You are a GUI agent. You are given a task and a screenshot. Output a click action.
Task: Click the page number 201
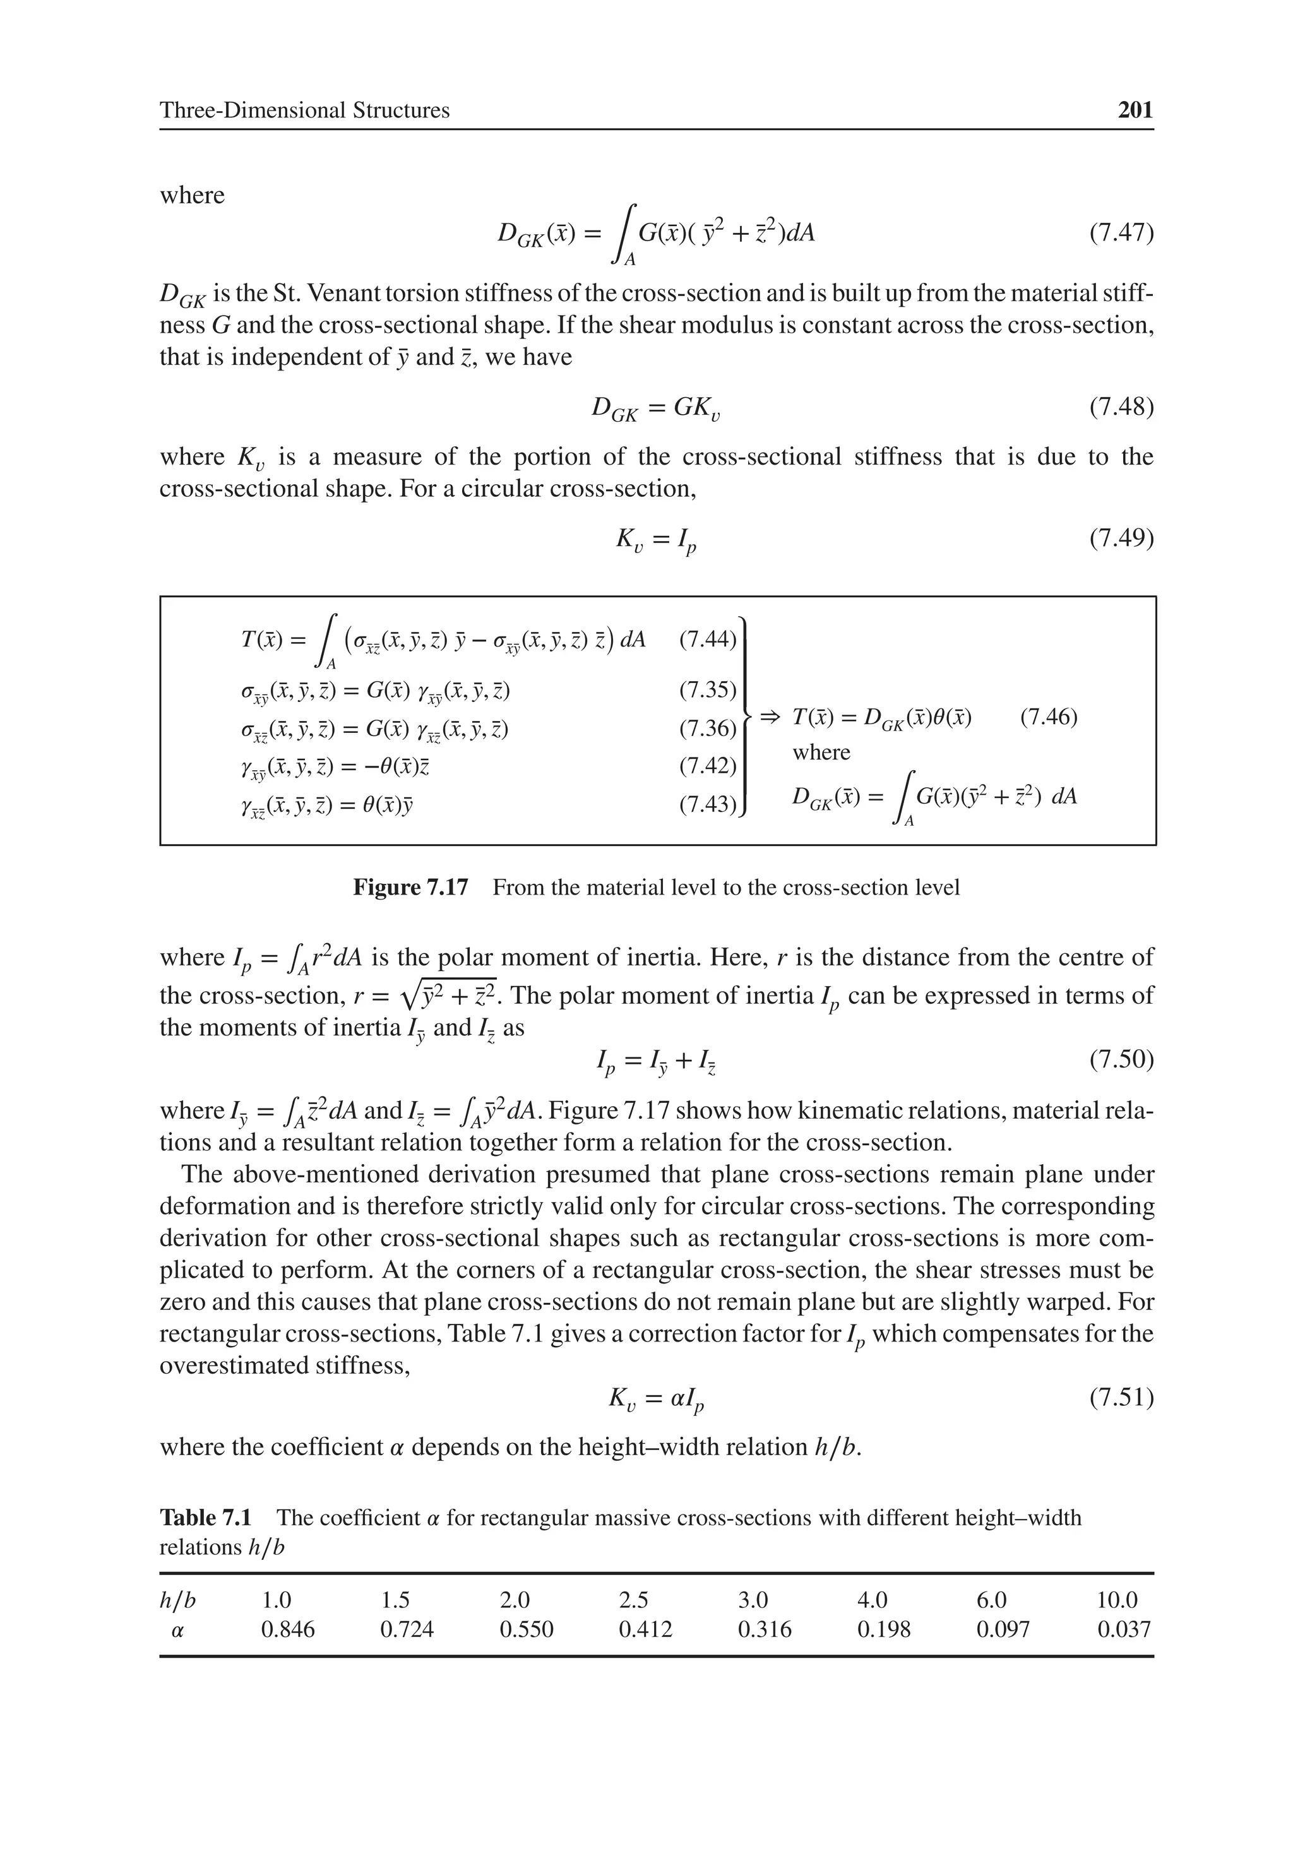tap(1135, 110)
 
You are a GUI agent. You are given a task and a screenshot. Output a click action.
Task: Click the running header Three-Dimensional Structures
tap(304, 110)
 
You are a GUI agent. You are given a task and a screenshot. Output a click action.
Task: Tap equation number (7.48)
tap(1121, 406)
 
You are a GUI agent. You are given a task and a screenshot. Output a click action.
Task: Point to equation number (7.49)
tap(1121, 537)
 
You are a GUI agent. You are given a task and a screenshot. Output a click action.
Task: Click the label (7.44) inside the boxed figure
tap(708, 639)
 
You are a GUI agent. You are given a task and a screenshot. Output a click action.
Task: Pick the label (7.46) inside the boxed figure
tap(1049, 717)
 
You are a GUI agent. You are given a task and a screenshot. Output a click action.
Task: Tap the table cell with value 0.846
tap(287, 1629)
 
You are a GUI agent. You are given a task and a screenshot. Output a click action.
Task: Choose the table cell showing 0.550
tap(527, 1629)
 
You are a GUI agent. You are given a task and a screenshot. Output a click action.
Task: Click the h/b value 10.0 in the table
tap(1117, 1600)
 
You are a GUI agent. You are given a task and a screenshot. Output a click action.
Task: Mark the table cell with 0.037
tap(1123, 1629)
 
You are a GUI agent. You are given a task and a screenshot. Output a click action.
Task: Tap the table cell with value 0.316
tap(764, 1629)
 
